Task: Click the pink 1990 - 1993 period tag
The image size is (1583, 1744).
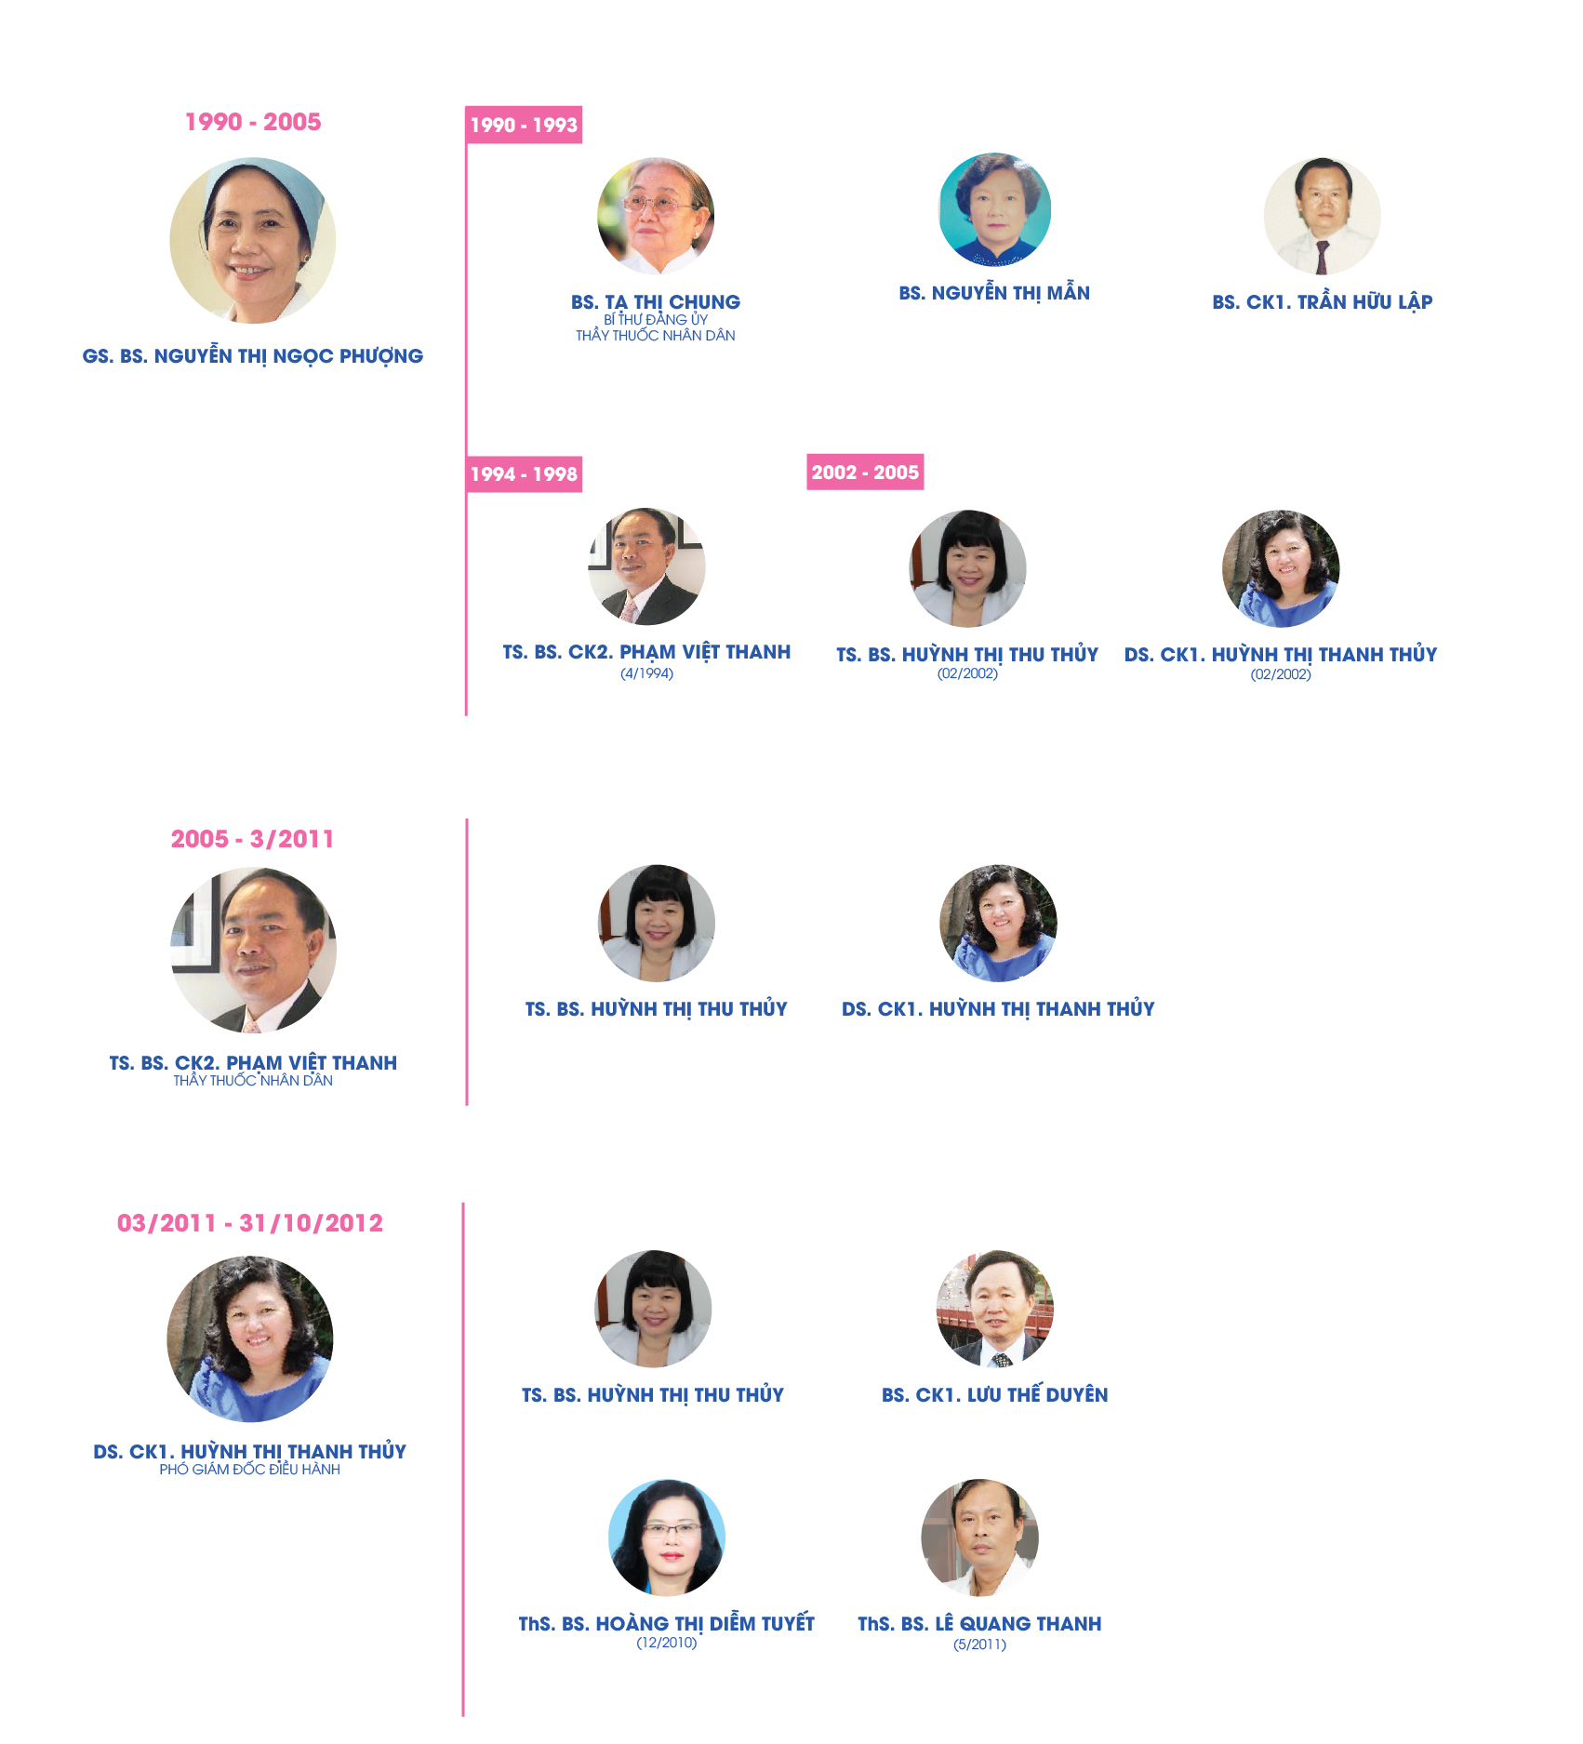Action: (524, 125)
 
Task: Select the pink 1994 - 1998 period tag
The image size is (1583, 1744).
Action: (524, 473)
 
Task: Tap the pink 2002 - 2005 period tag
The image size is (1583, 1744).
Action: (865, 472)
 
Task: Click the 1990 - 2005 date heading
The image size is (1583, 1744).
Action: (253, 122)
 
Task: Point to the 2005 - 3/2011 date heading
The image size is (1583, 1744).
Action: (252, 839)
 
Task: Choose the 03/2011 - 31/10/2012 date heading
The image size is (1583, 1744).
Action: (250, 1223)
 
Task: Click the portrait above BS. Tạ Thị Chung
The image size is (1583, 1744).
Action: (656, 216)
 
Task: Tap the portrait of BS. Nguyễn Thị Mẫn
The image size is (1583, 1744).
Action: (995, 209)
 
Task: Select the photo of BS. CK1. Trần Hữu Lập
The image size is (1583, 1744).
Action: (1322, 216)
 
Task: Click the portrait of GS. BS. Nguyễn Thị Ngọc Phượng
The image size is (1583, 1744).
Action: (253, 241)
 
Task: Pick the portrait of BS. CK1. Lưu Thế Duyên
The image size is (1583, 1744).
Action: (995, 1308)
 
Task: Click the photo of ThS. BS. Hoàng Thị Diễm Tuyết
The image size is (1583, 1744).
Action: (667, 1538)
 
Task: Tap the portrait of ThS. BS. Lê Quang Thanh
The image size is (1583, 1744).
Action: (979, 1538)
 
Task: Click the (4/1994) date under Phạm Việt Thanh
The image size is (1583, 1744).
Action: (646, 673)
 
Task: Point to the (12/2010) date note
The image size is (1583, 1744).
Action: (667, 1643)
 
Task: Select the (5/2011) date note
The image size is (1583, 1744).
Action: (979, 1644)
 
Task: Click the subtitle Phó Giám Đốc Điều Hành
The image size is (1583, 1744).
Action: (249, 1470)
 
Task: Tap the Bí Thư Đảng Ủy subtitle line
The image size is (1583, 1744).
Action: (656, 319)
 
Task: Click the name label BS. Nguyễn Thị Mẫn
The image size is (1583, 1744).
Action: (994, 293)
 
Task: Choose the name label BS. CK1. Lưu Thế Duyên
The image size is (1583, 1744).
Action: (995, 1394)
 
